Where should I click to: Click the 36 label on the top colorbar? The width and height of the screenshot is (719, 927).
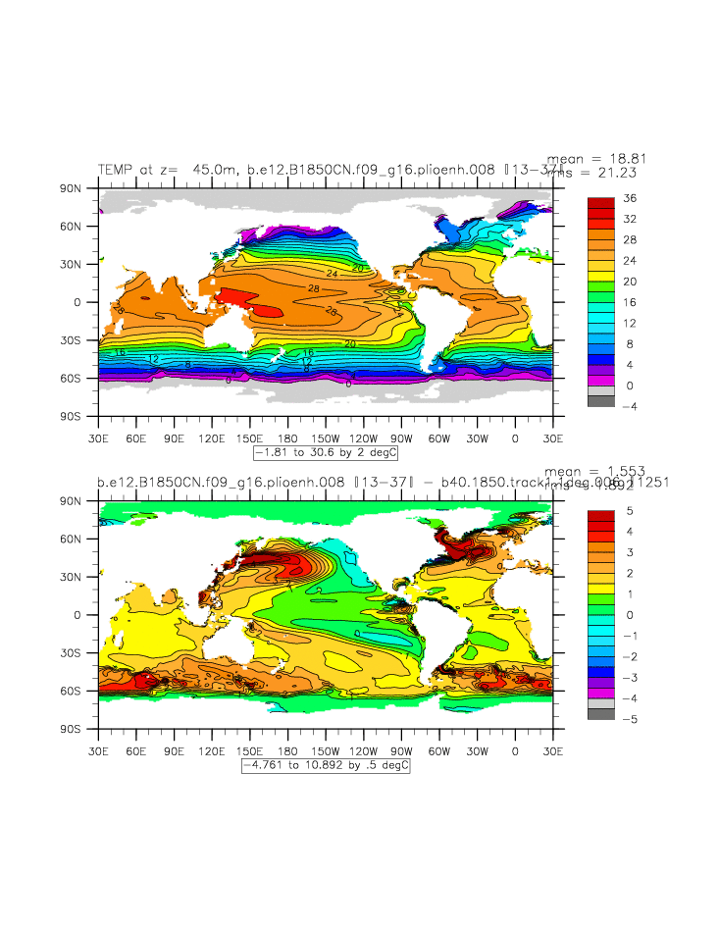[x=631, y=198]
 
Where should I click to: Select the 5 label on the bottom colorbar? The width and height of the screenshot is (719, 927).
[x=628, y=511]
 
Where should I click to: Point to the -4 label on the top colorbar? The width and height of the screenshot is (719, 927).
[x=631, y=406]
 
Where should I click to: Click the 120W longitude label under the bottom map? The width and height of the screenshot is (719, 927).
[x=364, y=750]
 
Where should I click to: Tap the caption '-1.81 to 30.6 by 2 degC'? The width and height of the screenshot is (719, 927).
[x=326, y=453]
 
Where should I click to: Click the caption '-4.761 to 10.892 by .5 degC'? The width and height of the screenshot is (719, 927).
[x=326, y=766]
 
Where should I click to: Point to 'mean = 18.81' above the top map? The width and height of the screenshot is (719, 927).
[x=596, y=157]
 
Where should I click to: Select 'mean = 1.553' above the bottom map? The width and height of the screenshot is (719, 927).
[x=596, y=471]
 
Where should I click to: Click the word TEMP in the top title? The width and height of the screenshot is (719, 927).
[x=116, y=169]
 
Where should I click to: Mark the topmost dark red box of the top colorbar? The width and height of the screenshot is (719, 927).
[x=600, y=203]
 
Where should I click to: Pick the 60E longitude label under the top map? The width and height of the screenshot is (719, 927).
[x=136, y=437]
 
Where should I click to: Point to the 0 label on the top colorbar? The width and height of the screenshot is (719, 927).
[x=628, y=386]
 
